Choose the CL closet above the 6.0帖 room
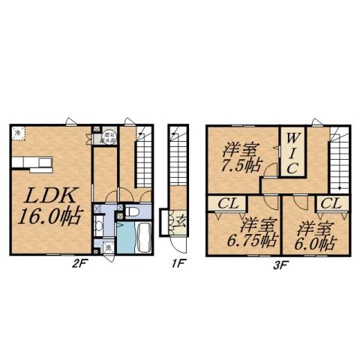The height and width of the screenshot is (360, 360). click(331, 203)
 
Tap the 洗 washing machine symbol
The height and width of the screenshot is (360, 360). click(108, 247)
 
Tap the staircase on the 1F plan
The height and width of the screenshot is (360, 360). click(177, 169)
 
